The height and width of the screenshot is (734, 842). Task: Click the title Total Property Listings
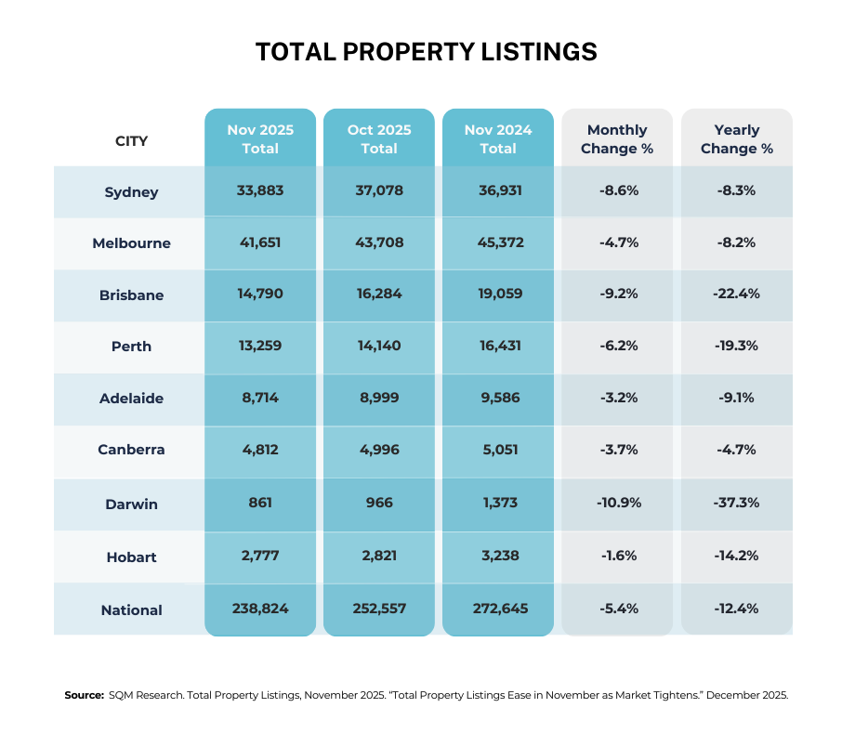426,52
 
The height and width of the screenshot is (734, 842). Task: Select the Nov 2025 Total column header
260,139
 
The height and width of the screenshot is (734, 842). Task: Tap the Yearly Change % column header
736,139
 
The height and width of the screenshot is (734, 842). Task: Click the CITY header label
131,141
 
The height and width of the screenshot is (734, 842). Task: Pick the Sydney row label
131,192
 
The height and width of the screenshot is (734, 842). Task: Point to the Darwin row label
131,505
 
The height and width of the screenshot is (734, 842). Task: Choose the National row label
131,610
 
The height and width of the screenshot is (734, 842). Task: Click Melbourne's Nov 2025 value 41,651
260,242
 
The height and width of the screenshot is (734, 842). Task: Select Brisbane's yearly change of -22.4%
736,295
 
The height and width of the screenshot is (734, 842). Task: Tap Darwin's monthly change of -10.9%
617,503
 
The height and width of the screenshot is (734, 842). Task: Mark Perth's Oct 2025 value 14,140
379,347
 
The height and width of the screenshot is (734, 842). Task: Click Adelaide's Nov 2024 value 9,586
498,399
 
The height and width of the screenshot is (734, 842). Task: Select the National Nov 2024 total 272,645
498,609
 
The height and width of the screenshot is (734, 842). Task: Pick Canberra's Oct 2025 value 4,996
379,451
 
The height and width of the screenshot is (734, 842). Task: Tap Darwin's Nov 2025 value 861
260,503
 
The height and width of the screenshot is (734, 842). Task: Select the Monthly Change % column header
617,139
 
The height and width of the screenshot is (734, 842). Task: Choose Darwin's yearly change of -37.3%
736,503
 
